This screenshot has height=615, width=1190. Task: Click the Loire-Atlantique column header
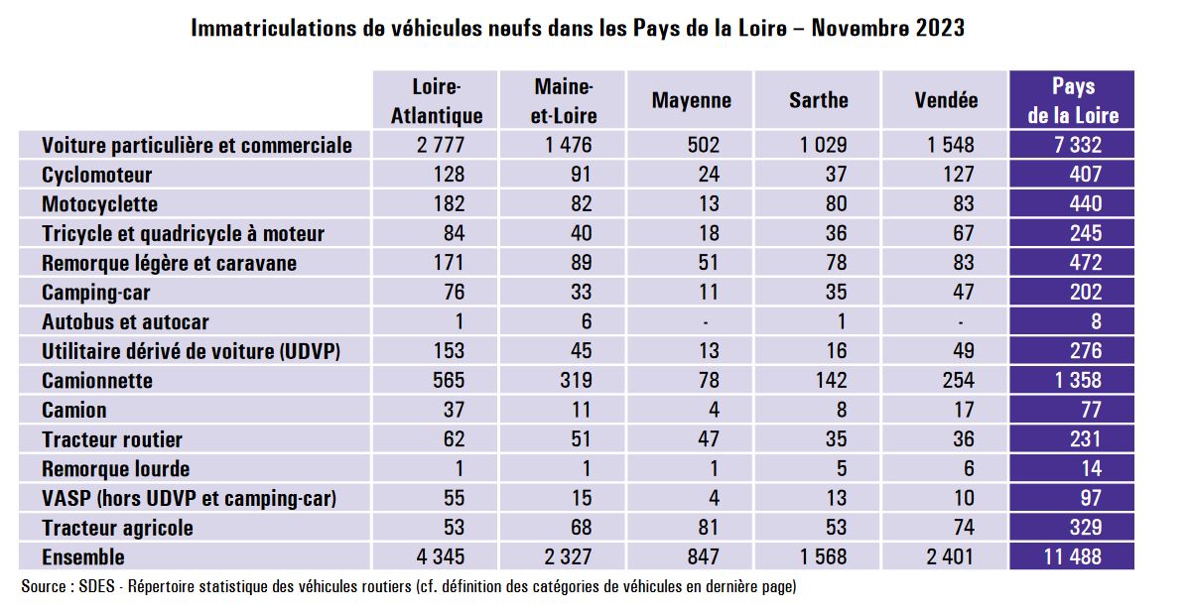pos(437,100)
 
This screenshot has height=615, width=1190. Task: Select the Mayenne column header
pos(692,100)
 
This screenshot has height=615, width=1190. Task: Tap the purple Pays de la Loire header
pos(1073,100)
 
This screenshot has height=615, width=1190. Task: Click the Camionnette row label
pos(97,381)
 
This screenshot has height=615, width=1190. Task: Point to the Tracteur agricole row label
pos(118,528)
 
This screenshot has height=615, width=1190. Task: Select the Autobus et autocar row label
pos(125,321)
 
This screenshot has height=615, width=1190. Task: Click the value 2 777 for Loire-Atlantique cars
pos(441,145)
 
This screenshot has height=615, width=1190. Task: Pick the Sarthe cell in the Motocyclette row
pos(836,204)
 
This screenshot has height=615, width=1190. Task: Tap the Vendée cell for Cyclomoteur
pos(959,175)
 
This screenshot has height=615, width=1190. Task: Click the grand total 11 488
pos(1072,557)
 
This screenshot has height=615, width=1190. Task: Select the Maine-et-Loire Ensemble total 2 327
pos(568,557)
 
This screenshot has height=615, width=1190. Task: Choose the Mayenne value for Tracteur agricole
pos(708,528)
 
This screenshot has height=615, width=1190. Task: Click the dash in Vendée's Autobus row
pos(961,323)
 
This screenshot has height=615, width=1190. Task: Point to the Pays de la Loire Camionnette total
pos(1078,381)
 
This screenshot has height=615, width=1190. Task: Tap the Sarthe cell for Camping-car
pos(836,292)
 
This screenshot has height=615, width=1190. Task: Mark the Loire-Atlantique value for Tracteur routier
pos(454,439)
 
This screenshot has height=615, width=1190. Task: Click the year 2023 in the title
pos(940,28)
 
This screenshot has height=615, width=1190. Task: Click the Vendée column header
pos(947,100)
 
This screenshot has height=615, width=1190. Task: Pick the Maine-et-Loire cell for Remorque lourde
pos(586,468)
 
